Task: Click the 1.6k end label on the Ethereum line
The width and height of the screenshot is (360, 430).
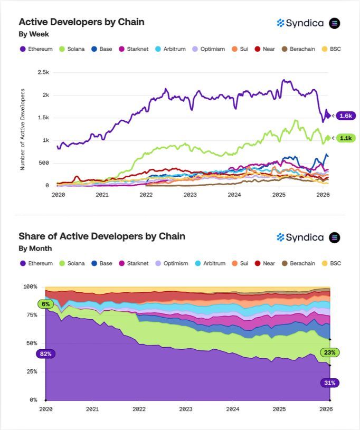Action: (346, 116)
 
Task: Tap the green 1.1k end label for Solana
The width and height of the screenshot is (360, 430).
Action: (346, 138)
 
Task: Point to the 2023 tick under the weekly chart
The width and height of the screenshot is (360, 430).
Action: (190, 195)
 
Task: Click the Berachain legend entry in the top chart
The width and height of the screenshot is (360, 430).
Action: (299, 49)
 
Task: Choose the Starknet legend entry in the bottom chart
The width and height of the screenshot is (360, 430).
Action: (134, 263)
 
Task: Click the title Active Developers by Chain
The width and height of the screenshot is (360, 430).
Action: (81, 22)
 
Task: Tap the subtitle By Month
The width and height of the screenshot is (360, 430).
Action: (35, 248)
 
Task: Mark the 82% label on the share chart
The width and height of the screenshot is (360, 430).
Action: (45, 353)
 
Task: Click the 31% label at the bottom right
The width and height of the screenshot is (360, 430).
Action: (329, 383)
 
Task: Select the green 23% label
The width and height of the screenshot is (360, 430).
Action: (329, 352)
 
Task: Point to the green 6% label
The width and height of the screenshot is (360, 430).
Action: (45, 304)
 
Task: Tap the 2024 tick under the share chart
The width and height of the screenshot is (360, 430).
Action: (232, 409)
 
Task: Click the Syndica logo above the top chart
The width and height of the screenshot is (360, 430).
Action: (300, 23)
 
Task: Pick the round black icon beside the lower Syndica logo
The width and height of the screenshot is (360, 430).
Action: (335, 237)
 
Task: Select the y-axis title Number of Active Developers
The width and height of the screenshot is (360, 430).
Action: (23, 129)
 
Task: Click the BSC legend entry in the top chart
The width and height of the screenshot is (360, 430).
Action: (332, 49)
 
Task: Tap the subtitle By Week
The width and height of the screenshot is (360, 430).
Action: (34, 34)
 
